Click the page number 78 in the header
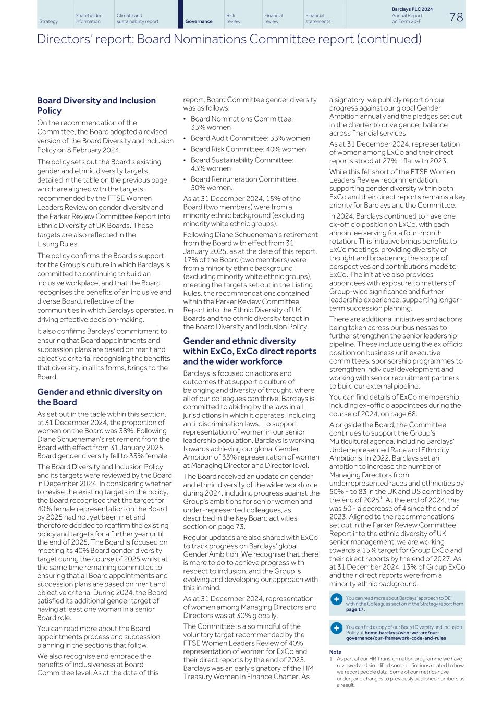pos(456,17)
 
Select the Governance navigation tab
pos(199,21)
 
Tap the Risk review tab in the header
pos(234,19)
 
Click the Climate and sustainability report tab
pos(138,19)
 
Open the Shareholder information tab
pos(89,19)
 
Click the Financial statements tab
pos(318,19)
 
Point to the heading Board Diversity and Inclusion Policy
pos(96,105)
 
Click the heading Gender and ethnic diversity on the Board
pos(100,397)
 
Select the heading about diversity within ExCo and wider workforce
pos(250,351)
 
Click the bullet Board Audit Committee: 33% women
pos(250,138)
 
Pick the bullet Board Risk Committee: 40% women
pos(248,149)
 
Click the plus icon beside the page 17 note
pos(337,599)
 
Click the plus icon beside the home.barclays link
pos(337,628)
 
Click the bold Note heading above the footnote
pos(335,652)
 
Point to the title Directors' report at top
pos(229,39)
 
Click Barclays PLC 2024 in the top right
pos(412,9)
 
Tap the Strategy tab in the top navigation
pos(48,21)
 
